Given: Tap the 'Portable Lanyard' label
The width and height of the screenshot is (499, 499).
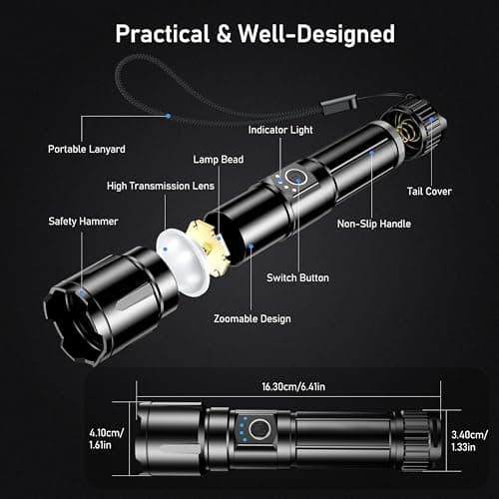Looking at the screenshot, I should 88,149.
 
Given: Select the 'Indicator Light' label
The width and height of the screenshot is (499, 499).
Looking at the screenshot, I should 284,130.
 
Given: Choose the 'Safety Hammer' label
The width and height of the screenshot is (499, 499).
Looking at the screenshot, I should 83,222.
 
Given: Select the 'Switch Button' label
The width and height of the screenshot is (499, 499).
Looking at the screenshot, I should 298,277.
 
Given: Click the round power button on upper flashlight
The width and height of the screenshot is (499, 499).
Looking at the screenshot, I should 294,179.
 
